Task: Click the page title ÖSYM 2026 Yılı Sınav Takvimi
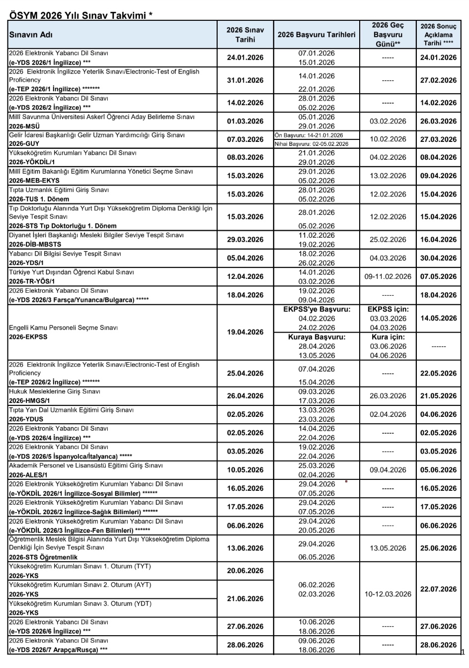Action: click(81, 15)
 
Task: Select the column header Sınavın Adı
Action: click(31, 35)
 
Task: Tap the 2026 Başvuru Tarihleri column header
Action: click(316, 35)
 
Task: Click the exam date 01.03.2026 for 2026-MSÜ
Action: click(245, 121)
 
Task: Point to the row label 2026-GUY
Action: click(24, 144)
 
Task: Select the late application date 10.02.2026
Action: click(388, 139)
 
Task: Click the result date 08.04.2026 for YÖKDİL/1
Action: click(438, 157)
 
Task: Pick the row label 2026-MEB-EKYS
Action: click(34, 181)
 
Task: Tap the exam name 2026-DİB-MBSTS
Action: click(35, 245)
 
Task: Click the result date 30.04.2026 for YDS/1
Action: click(438, 258)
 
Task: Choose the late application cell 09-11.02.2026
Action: click(388, 276)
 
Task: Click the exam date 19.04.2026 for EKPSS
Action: click(245, 332)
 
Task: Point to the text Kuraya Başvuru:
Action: click(316, 337)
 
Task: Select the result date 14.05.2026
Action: click(438, 318)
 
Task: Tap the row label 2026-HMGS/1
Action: click(30, 401)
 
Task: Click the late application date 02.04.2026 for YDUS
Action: click(388, 414)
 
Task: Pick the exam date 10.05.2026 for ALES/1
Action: click(245, 470)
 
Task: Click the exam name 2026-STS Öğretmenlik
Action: click(43, 557)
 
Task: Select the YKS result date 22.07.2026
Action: click(438, 589)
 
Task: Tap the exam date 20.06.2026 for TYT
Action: click(245, 571)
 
